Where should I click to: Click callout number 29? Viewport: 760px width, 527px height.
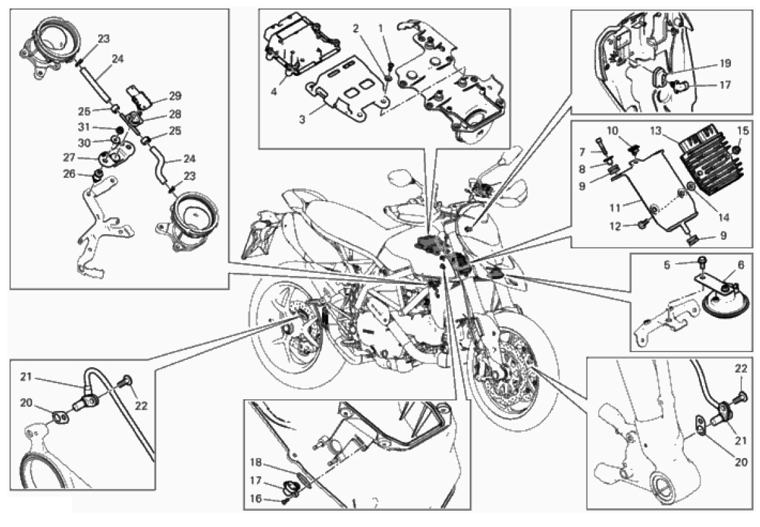(175, 95)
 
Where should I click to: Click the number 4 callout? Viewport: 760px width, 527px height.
(274, 91)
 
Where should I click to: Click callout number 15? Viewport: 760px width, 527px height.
(743, 132)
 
